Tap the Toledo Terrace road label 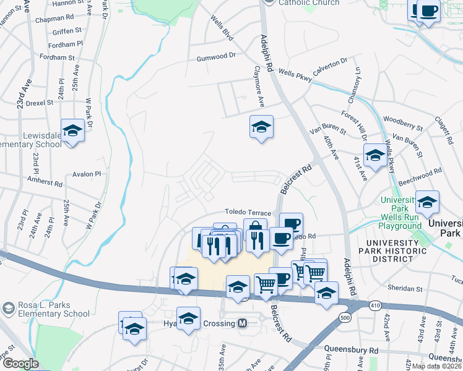pyautogui.click(x=248, y=211)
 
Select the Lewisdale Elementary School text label pyautogui.click(x=31, y=140)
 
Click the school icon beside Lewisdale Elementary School pyautogui.click(x=72, y=130)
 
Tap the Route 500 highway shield pyautogui.click(x=344, y=317)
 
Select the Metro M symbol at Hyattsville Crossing pyautogui.click(x=243, y=323)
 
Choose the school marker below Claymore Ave pyautogui.click(x=261, y=127)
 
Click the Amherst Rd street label pyautogui.click(x=45, y=182)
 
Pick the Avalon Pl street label pyautogui.click(x=86, y=174)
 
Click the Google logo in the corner pyautogui.click(x=20, y=364)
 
